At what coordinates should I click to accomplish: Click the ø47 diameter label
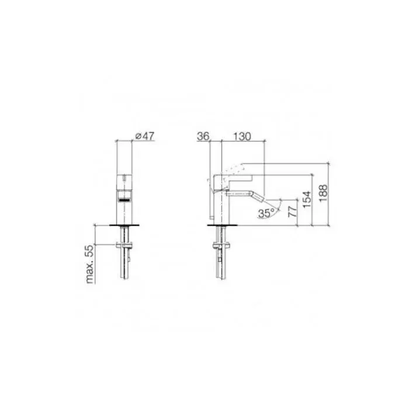pos(145,136)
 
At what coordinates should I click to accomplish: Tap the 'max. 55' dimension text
pos(90,264)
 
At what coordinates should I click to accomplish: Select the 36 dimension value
pos(203,136)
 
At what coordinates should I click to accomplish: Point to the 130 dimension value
pos(242,136)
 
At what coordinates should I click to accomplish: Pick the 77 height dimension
pos(293,212)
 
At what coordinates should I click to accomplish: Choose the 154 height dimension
pos(307,199)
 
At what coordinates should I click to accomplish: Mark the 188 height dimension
pos(323,193)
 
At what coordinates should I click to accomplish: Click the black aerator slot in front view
pos(124,200)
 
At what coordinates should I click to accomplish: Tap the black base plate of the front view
pos(124,225)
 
